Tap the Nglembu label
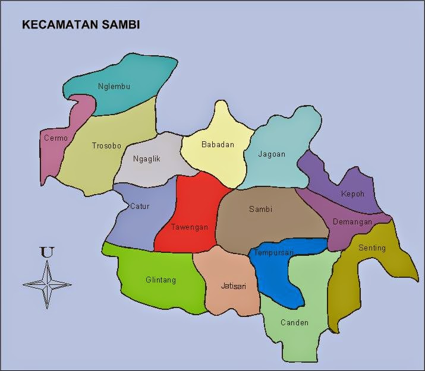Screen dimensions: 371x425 pyautogui.click(x=114, y=86)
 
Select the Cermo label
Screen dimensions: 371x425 pyautogui.click(x=56, y=138)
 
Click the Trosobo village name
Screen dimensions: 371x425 pyautogui.click(x=106, y=145)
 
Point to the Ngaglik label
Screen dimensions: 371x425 pyautogui.click(x=146, y=159)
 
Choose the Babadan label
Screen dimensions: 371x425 pyautogui.click(x=218, y=144)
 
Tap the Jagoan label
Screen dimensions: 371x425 pyautogui.click(x=272, y=154)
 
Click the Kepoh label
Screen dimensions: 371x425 pyautogui.click(x=352, y=194)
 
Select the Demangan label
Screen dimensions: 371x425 pyautogui.click(x=352, y=222)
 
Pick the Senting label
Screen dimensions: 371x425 pyautogui.click(x=372, y=248)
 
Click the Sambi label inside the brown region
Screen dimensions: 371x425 pyautogui.click(x=260, y=209)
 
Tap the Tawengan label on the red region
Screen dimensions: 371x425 pyautogui.click(x=189, y=227)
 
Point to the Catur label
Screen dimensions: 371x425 pyautogui.click(x=140, y=207)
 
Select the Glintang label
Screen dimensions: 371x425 pyautogui.click(x=160, y=280)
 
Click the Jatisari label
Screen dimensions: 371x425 pyautogui.click(x=233, y=286)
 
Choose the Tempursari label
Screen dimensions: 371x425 pyautogui.click(x=273, y=253)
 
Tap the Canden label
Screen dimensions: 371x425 pyautogui.click(x=294, y=323)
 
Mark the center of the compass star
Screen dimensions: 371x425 pyautogui.click(x=47, y=284)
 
